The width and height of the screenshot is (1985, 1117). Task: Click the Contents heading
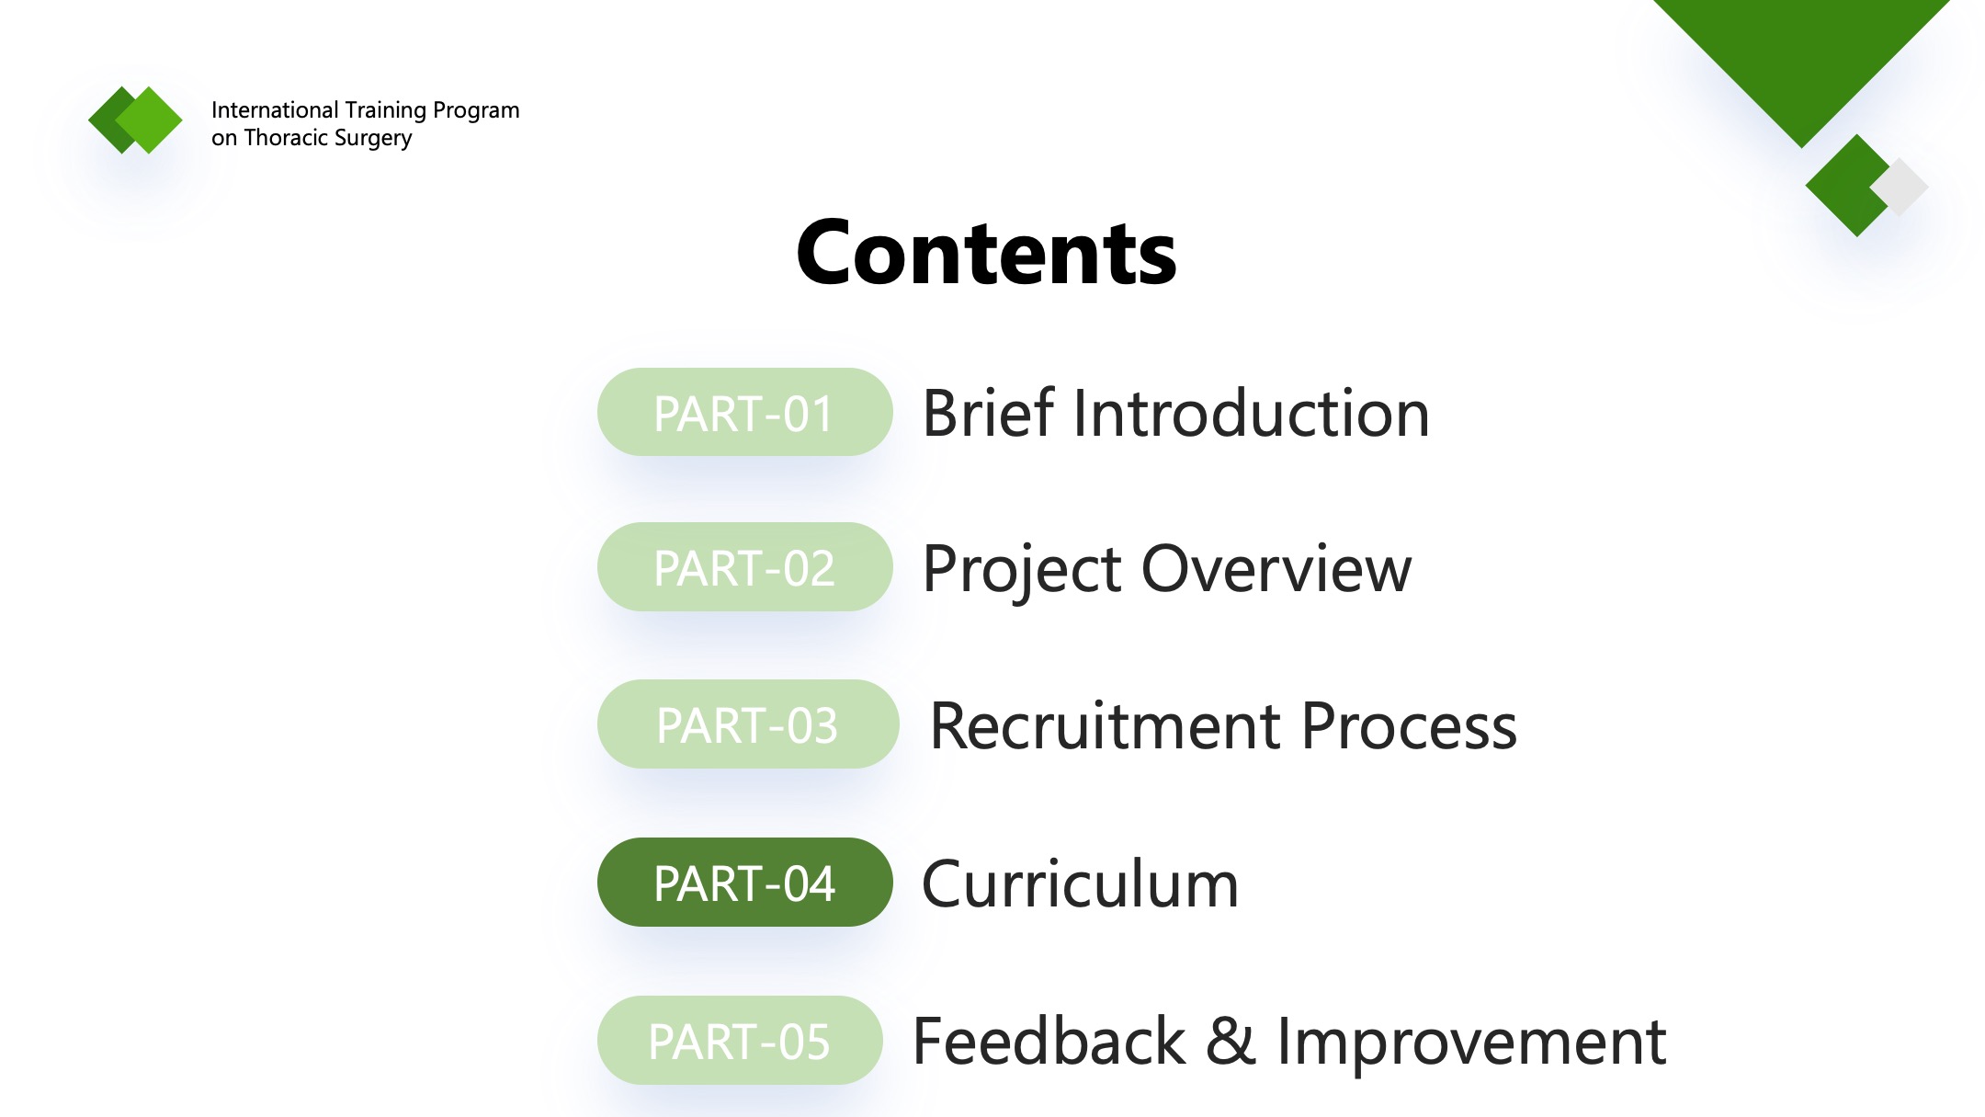[x=986, y=253]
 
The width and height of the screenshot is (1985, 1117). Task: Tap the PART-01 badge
[x=744, y=413]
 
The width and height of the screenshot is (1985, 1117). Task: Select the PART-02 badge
[x=744, y=567]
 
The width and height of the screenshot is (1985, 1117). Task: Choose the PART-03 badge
[x=747, y=724]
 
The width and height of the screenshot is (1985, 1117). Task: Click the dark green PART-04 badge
[x=744, y=883]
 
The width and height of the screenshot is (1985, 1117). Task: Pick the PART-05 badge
[x=740, y=1041]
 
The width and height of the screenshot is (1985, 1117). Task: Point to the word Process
[x=1409, y=726]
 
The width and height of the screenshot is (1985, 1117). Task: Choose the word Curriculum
[x=1081, y=883]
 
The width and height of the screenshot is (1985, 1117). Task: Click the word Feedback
[x=1049, y=1041]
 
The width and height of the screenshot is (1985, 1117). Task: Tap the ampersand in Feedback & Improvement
[x=1231, y=1042]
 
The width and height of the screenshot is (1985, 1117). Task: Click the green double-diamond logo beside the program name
[x=135, y=120]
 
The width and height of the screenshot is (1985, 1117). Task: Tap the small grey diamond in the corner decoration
[x=1900, y=187]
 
